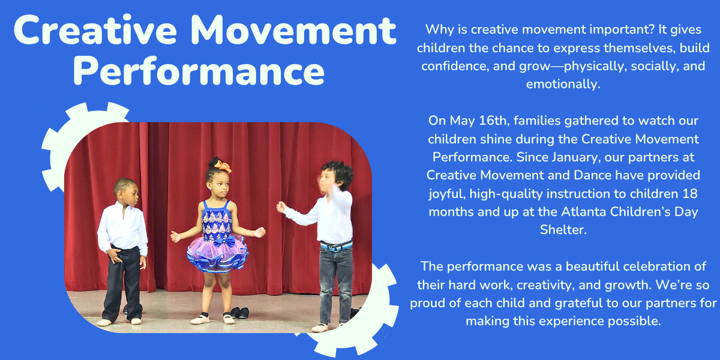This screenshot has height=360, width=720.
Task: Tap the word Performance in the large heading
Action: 202,70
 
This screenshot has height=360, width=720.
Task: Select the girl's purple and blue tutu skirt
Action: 217,253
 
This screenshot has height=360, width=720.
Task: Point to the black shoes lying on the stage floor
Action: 239,313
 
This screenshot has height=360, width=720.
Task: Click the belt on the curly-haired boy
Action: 335,245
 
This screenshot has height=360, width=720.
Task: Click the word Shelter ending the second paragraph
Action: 563,230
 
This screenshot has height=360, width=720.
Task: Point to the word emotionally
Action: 563,84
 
